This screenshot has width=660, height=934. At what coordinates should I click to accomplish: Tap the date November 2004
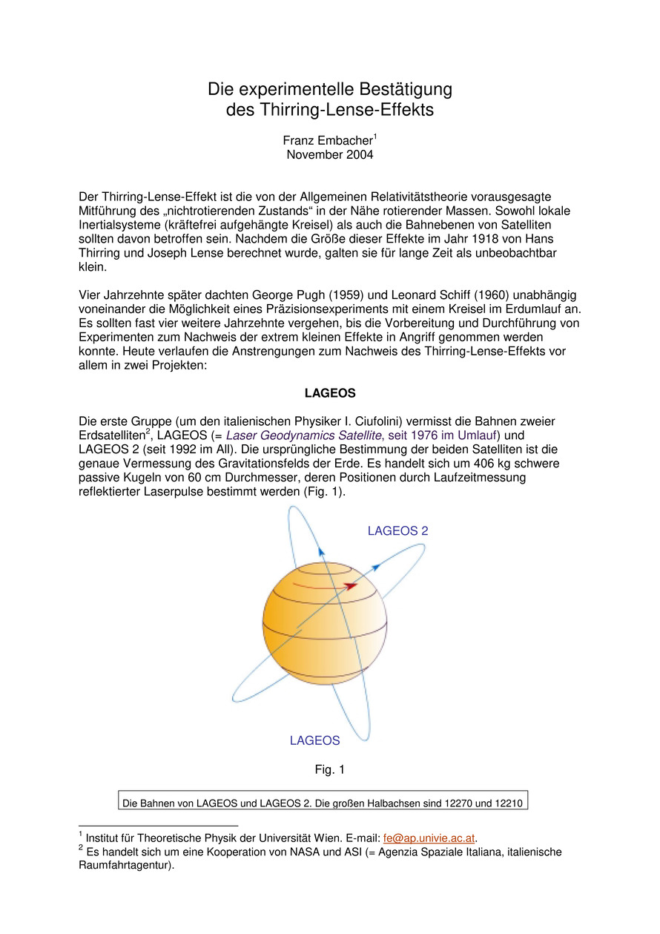pos(329,155)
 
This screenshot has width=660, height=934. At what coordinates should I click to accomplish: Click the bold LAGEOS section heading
pos(329,392)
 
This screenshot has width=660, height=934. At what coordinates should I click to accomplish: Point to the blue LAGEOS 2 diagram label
pos(397,531)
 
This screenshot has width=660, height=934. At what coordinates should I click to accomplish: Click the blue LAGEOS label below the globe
pos(314,740)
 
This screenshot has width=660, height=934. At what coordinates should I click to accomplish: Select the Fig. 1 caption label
pos(329,770)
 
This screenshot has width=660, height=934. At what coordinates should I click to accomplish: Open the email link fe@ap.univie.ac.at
pos(429,838)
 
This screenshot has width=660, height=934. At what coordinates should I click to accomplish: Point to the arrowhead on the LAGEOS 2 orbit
pos(376,566)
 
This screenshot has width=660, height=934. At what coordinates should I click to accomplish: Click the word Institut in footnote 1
pos(106,838)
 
